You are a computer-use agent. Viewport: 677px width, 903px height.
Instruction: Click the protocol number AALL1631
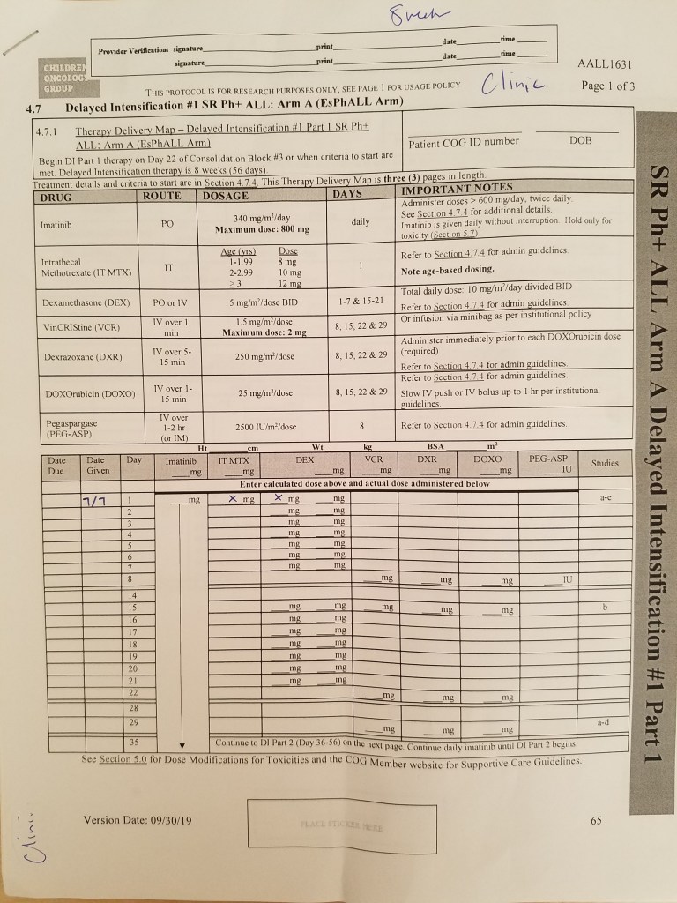click(x=605, y=64)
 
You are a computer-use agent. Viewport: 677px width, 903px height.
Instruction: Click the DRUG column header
click(x=56, y=195)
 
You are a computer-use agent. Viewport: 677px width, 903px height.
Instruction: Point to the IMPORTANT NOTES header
click(x=456, y=188)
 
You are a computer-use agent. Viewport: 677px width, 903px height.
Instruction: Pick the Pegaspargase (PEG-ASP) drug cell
click(x=70, y=429)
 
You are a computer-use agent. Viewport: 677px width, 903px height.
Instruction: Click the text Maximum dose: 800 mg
click(x=263, y=229)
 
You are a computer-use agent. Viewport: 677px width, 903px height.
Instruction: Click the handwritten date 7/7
click(x=93, y=502)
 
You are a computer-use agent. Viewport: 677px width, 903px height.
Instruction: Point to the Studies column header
click(x=605, y=463)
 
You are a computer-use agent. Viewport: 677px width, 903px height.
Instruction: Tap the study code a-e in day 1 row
click(x=606, y=498)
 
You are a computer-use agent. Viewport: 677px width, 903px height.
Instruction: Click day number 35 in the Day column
click(x=133, y=743)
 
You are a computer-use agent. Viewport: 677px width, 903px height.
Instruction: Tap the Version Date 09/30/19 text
click(x=137, y=820)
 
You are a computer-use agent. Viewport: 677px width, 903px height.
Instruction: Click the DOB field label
click(x=581, y=140)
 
